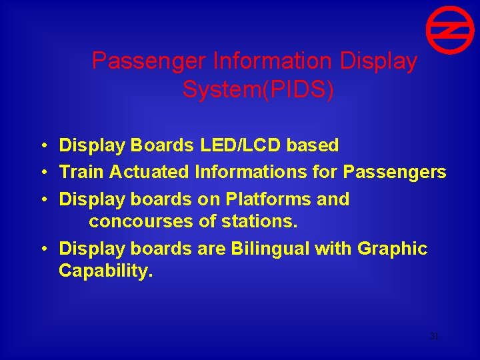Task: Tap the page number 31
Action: tap(434, 337)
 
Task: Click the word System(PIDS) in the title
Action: tap(258, 89)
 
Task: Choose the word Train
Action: tap(82, 172)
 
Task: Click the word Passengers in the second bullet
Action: tap(395, 172)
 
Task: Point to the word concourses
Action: tap(141, 220)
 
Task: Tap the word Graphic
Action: tap(392, 249)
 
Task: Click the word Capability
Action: tap(105, 271)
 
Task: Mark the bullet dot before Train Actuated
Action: tap(43, 173)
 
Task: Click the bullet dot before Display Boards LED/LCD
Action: tap(43, 145)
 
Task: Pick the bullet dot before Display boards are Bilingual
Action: tap(43, 249)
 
